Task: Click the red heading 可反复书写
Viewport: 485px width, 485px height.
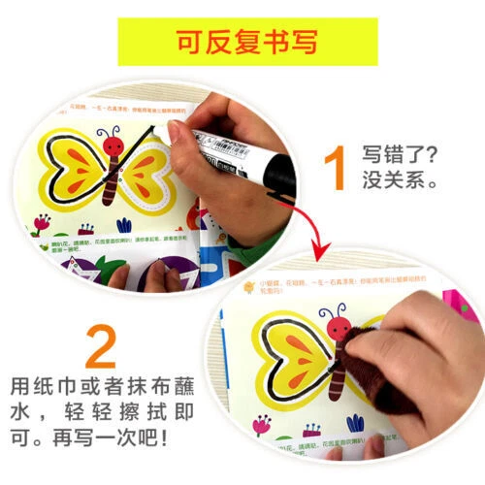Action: point(242,43)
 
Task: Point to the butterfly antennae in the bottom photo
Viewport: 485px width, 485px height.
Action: point(339,312)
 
